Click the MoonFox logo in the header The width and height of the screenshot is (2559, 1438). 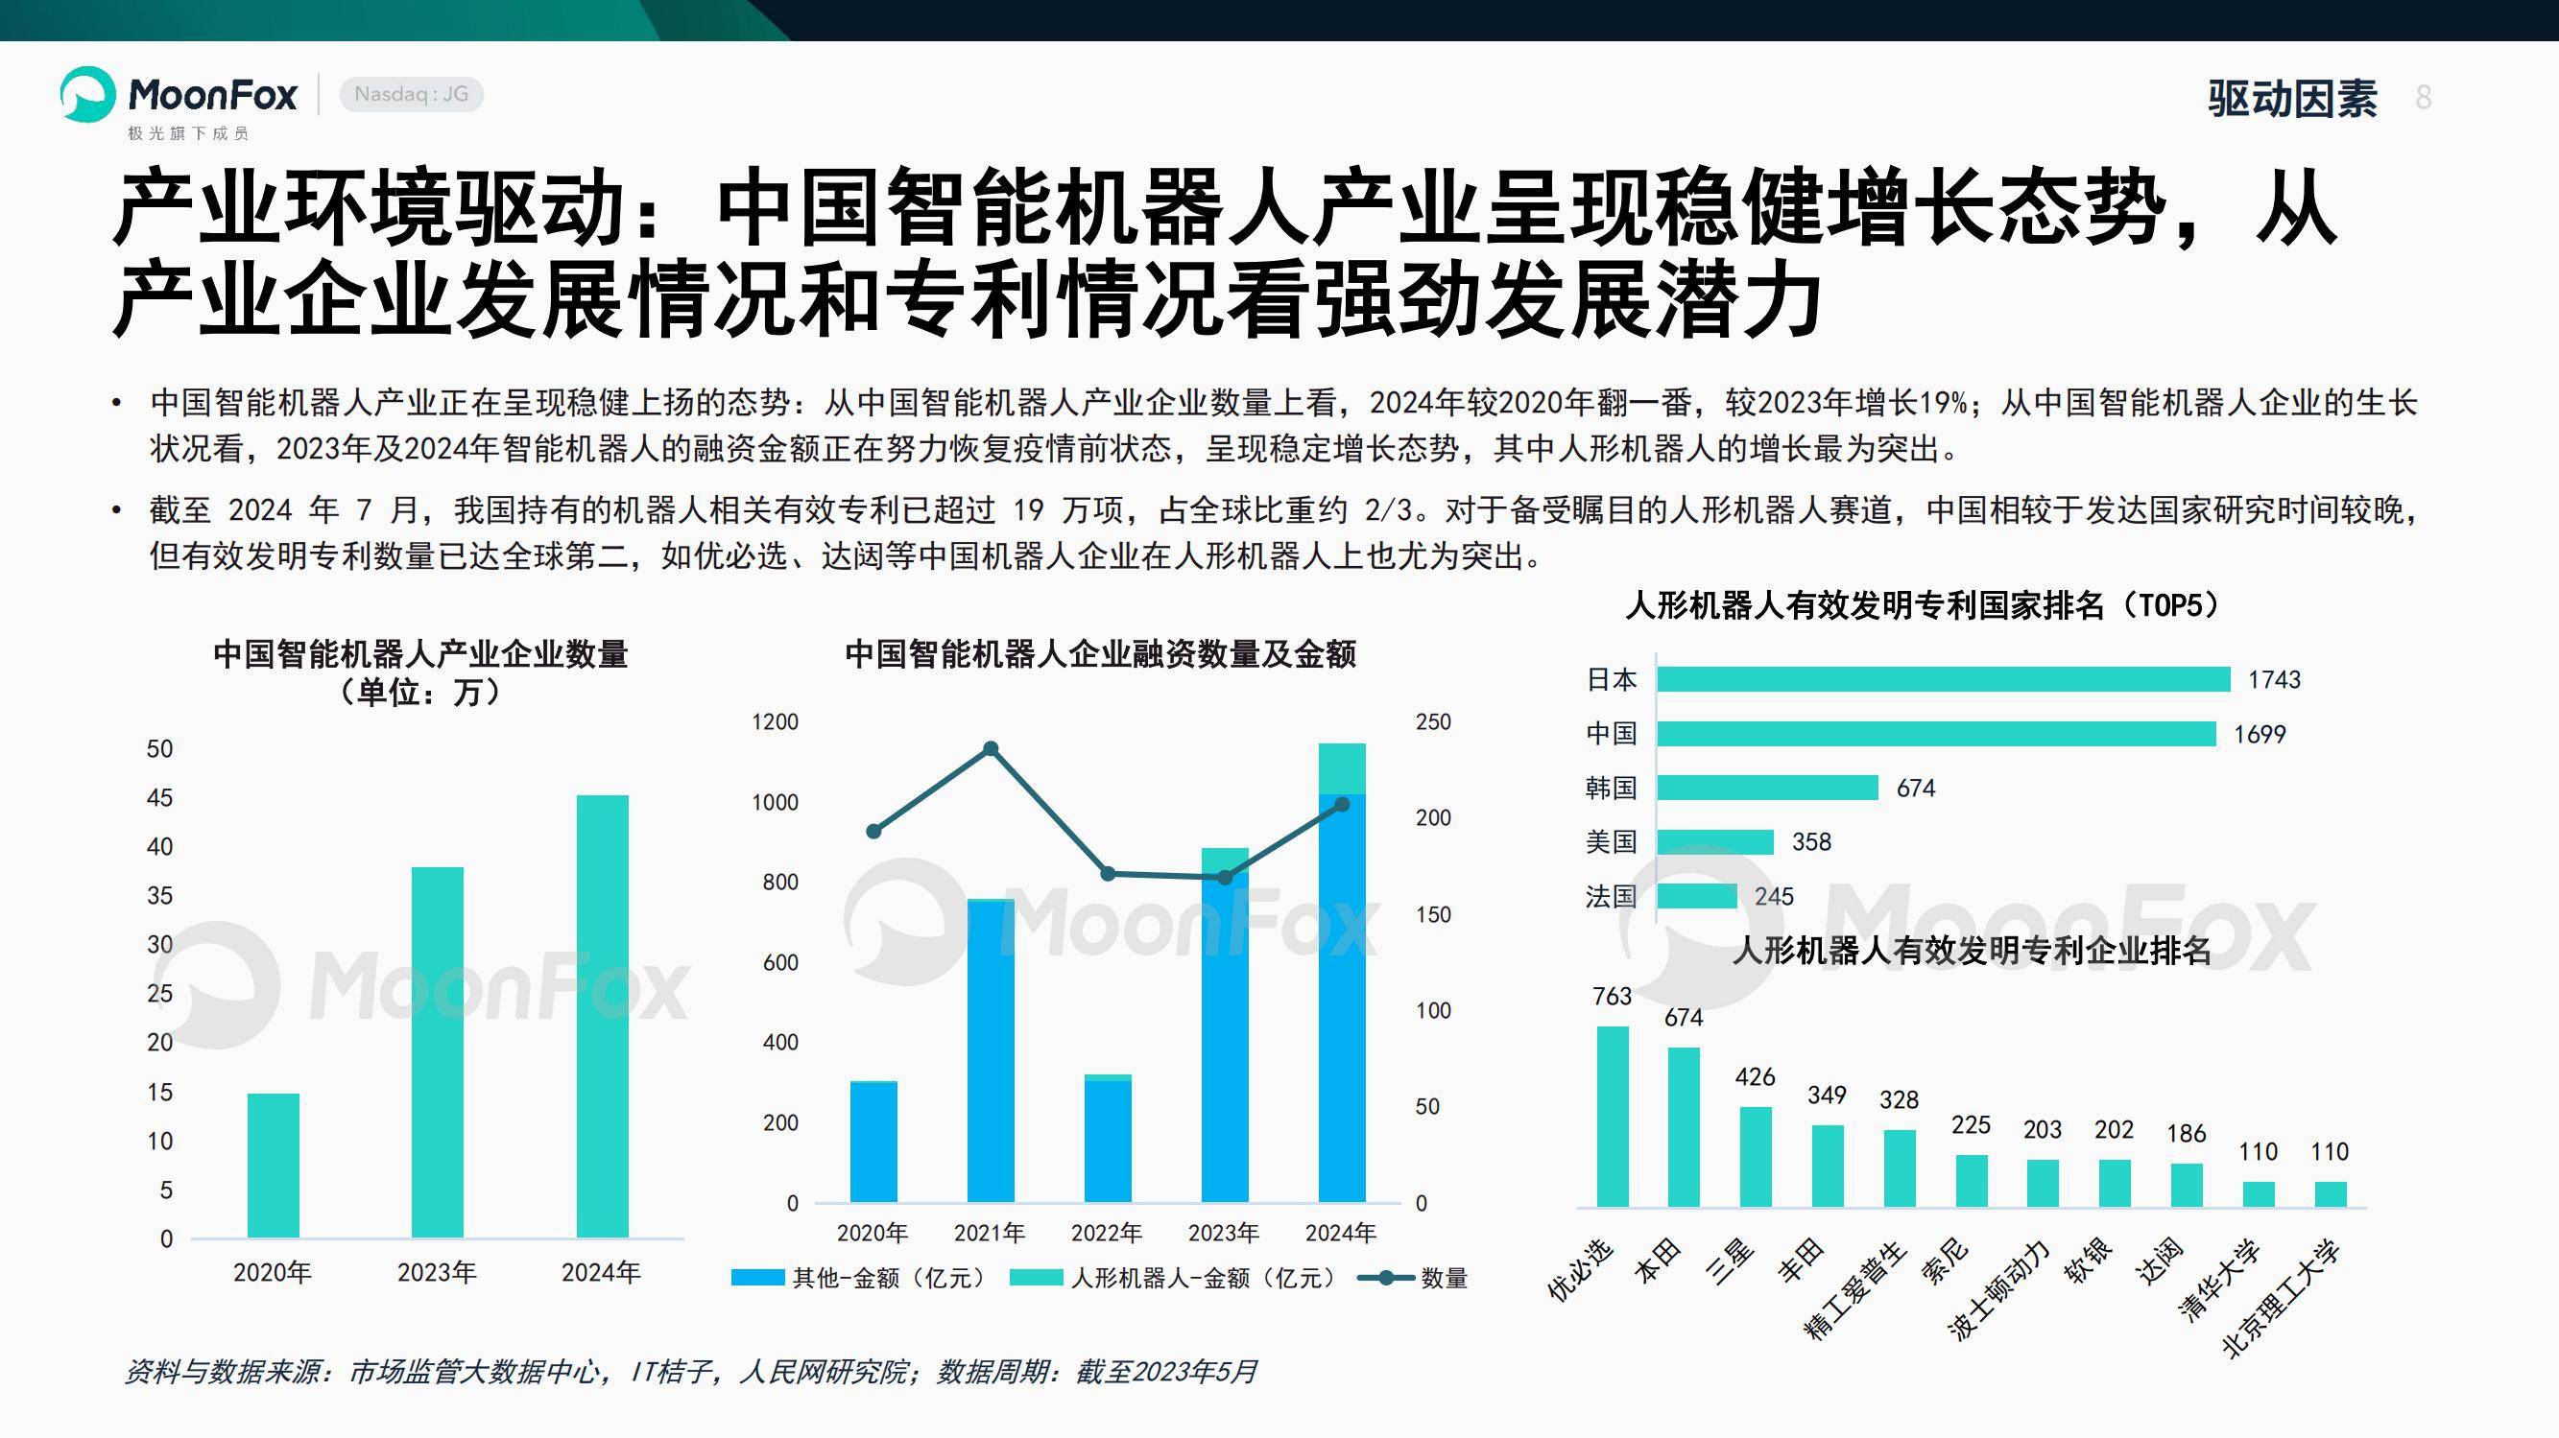(179, 96)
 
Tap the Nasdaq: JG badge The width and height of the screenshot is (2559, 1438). (411, 94)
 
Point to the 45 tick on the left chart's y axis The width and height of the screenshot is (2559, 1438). (160, 797)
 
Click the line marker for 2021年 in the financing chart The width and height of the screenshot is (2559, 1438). (991, 749)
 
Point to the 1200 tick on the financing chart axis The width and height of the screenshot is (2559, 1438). (775, 722)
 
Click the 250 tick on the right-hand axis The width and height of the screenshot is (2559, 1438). (1432, 722)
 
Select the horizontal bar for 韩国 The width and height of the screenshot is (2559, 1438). (1767, 788)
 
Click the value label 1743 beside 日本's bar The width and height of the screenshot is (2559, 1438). (2274, 679)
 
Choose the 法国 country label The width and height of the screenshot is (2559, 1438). (1611, 897)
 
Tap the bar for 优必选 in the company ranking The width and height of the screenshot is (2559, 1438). (1613, 1117)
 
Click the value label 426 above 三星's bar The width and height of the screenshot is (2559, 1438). (1756, 1076)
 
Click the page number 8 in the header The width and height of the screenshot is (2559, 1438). (2424, 97)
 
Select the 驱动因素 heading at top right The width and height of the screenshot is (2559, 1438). (2293, 98)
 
